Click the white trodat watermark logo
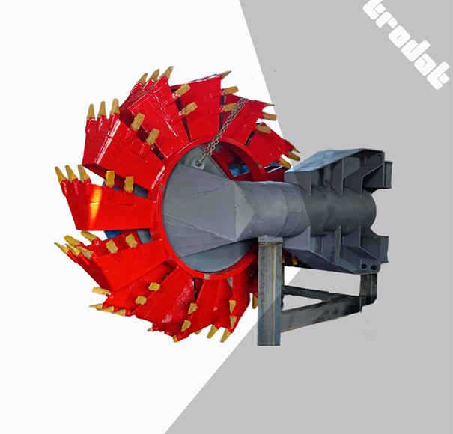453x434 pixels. [x=406, y=42]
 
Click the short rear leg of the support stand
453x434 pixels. [x=368, y=288]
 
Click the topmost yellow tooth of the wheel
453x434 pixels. [x=166, y=72]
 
